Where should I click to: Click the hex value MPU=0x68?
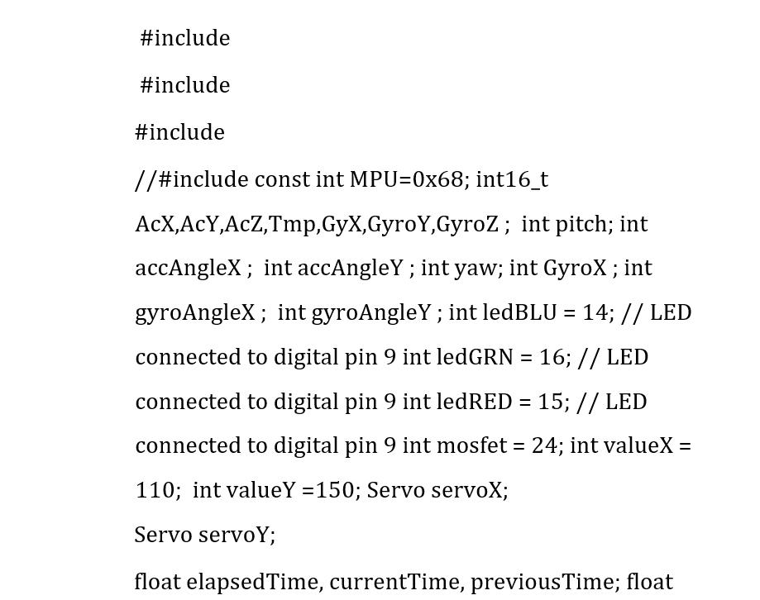[x=409, y=180]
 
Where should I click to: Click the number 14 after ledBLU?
[x=595, y=313]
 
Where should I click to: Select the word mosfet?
[x=471, y=445]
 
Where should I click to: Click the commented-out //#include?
[x=191, y=180]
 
